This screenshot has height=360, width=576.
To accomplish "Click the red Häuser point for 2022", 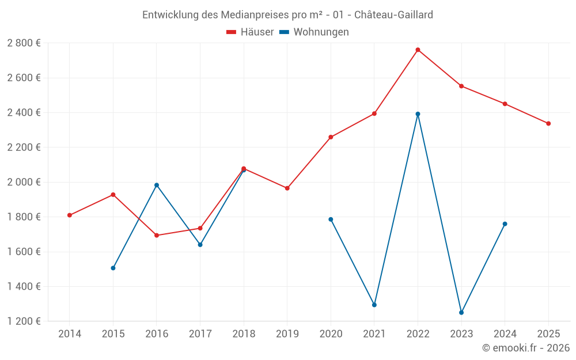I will coord(418,50).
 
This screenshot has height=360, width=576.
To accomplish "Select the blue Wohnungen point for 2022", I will coord(418,114).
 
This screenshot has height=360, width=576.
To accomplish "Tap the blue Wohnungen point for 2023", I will coord(461,313).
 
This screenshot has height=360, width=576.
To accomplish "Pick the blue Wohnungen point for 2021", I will coord(374,305).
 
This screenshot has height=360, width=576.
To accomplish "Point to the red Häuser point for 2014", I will coord(70,215).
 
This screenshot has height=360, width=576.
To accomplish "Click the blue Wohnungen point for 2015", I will coord(113,268).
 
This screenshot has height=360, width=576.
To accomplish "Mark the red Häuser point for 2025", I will coord(548,123).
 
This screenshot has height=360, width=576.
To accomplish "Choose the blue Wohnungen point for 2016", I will coord(157,185).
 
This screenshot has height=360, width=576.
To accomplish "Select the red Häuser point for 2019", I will coord(287,188).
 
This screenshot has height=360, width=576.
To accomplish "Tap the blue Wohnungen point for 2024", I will coord(505,224).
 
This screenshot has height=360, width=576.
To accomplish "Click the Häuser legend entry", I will coord(251,32).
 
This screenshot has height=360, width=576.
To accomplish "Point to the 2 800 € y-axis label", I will coord(24,43).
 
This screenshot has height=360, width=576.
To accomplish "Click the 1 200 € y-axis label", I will coord(24,321).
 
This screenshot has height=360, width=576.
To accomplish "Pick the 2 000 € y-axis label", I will coord(24,182).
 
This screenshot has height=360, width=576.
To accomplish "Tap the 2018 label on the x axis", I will coord(244,334).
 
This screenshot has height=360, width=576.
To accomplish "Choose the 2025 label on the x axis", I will coord(548,334).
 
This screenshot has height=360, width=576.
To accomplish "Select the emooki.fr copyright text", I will coord(526,348).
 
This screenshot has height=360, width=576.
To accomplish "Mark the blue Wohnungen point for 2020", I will coord(331,219).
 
